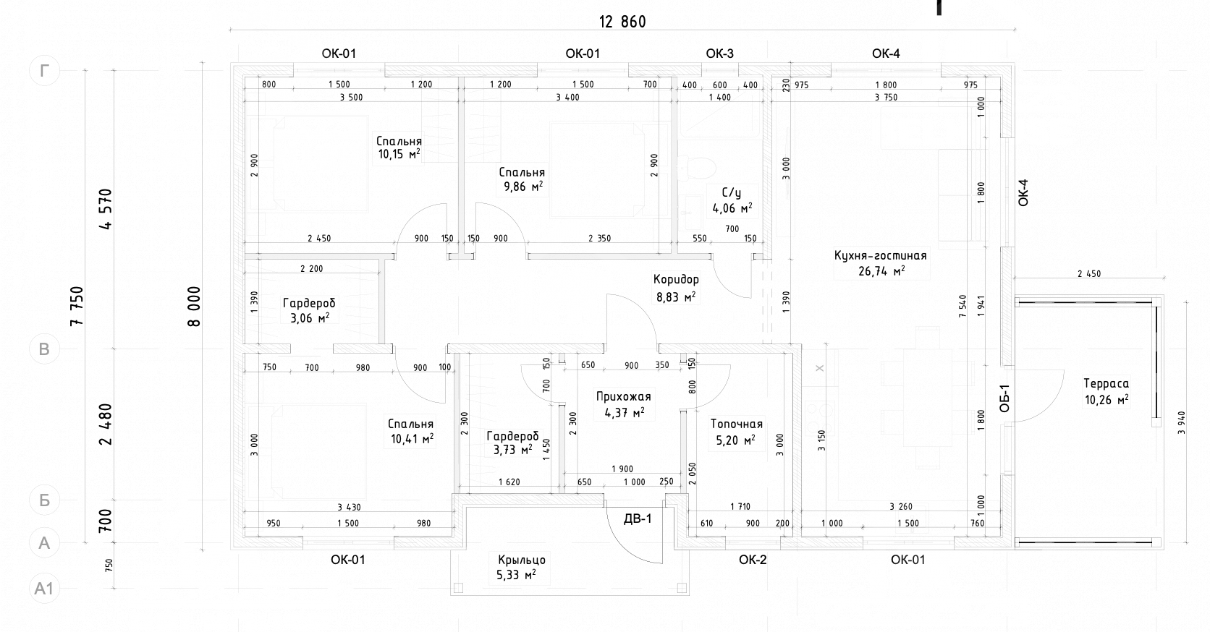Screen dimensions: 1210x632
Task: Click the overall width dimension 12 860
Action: tap(622, 22)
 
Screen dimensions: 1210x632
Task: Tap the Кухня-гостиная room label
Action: tap(881, 255)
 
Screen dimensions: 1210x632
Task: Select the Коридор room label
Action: tap(676, 280)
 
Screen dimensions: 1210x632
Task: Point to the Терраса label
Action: tap(1106, 384)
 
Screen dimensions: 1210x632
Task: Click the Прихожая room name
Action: tap(623, 397)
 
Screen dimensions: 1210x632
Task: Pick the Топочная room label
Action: tap(736, 424)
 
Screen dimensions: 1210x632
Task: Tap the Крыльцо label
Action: tap(522, 560)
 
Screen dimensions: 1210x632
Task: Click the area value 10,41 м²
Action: tap(412, 439)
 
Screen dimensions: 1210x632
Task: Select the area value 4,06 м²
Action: tap(732, 208)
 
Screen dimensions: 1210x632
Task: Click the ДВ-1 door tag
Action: tap(638, 518)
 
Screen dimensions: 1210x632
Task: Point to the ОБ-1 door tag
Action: tap(1004, 398)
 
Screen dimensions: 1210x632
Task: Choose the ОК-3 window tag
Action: tap(719, 54)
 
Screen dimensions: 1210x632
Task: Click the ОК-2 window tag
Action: tap(753, 560)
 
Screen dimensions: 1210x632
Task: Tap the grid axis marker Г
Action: tap(44, 70)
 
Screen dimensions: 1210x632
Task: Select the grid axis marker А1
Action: tap(44, 588)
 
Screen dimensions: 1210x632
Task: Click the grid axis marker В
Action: tap(44, 349)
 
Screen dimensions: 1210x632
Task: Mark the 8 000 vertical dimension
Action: tap(194, 307)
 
